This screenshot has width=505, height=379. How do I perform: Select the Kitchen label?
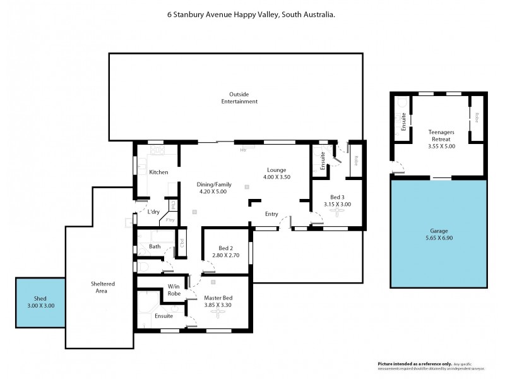158,172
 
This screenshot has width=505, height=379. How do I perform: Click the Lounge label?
276,170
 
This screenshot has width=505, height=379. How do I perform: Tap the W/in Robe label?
175,290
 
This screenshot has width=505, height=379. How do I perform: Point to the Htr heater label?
243,150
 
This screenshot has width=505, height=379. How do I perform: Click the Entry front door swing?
287,222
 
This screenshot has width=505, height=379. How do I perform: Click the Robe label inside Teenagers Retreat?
477,117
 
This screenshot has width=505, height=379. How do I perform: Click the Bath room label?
155,246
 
